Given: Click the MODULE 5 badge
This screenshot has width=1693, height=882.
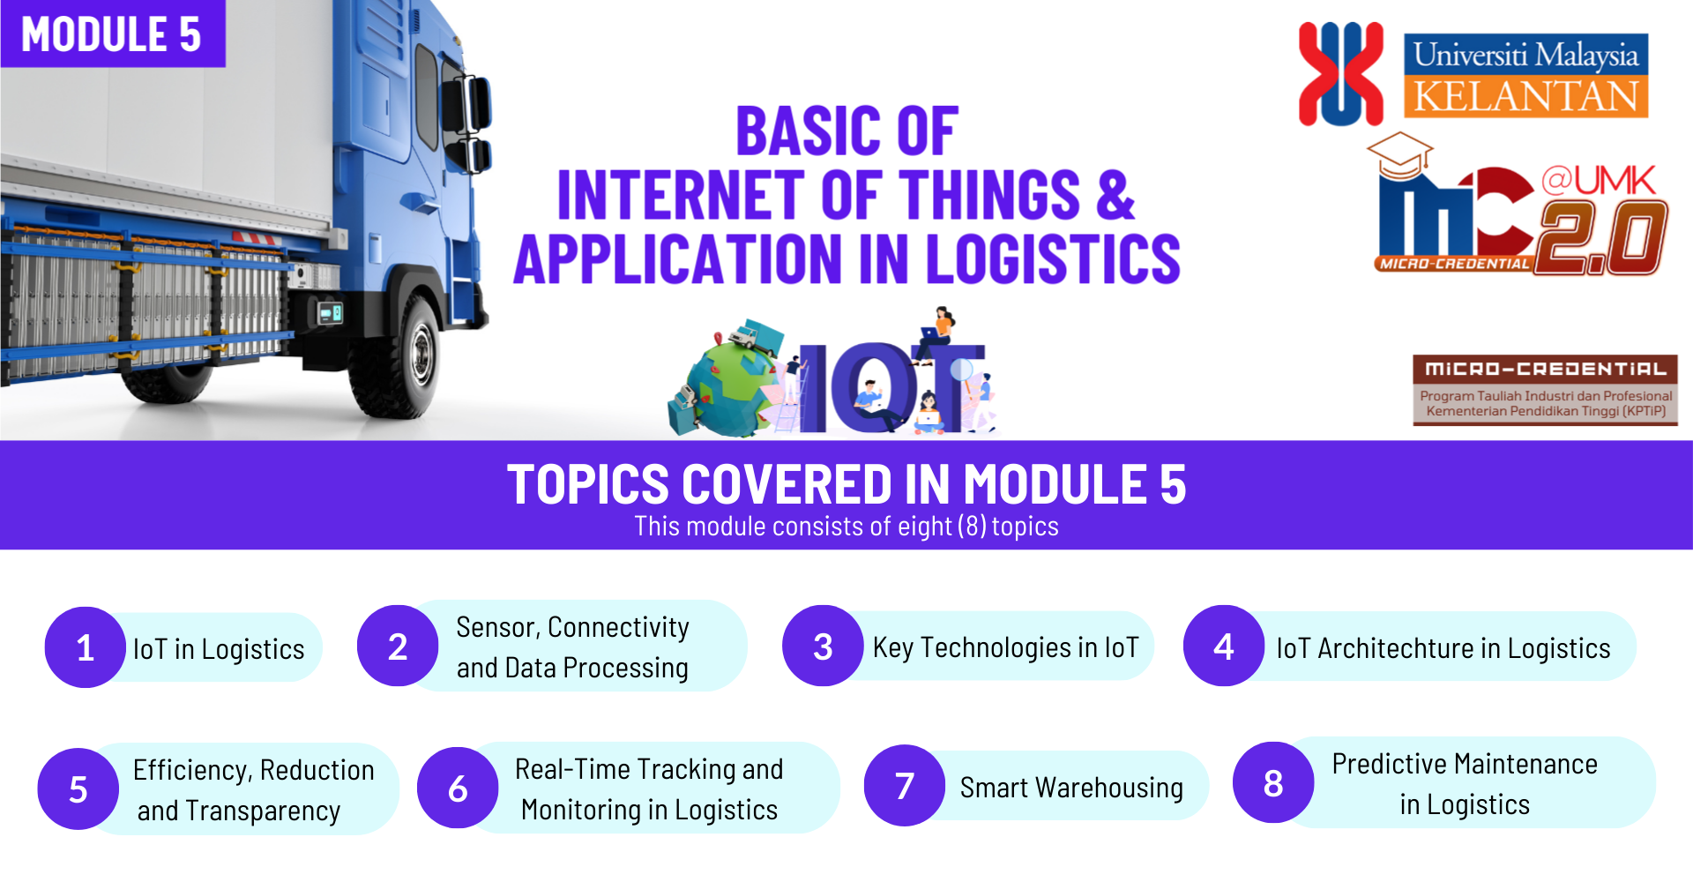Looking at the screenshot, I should [112, 34].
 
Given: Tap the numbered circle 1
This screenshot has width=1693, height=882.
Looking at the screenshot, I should [85, 647].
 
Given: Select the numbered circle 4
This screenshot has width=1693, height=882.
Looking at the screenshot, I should [1223, 647].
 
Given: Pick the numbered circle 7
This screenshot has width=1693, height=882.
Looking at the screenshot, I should [904, 785].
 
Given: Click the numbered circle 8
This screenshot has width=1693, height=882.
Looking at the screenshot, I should [1272, 782].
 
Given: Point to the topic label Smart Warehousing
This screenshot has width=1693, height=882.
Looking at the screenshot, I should [1071, 787].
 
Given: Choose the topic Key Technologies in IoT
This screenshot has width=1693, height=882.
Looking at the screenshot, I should [1005, 647].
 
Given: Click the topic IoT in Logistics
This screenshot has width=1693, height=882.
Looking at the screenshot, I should [219, 649].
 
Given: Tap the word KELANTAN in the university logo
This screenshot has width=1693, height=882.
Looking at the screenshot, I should [1525, 96].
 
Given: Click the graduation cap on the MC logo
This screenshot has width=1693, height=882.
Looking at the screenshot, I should [1399, 154].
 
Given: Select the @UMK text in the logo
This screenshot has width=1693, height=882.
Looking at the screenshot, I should [1598, 181].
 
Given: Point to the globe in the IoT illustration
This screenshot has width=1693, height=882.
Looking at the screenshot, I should [727, 388].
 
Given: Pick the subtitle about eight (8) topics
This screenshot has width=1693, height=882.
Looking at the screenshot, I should [846, 527].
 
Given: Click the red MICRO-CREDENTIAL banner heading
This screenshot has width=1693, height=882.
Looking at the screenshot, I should [1545, 369].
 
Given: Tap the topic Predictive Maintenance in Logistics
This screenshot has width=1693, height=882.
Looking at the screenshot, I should [1465, 783].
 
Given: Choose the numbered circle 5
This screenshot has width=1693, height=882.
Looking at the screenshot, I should [78, 789].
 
